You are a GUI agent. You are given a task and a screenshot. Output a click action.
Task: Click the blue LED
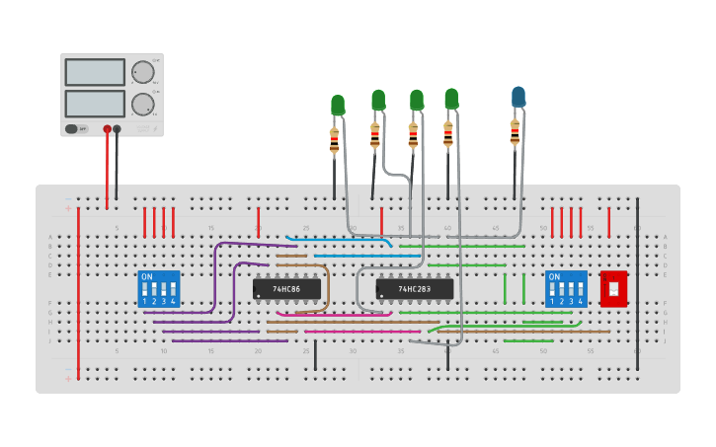click(x=518, y=97)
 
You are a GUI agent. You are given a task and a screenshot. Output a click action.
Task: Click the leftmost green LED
click(x=338, y=105)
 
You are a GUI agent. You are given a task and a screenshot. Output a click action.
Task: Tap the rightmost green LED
click(x=451, y=99)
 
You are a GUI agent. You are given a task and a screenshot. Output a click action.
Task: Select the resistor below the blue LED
click(x=515, y=131)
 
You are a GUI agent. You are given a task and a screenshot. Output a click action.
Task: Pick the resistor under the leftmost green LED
click(x=334, y=141)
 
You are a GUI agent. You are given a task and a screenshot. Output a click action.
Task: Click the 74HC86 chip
click(x=286, y=288)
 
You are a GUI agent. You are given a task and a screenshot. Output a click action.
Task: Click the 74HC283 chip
click(x=415, y=288)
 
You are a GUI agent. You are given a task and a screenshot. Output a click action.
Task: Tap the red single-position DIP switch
click(x=613, y=288)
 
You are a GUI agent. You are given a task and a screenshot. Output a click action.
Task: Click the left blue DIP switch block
click(x=159, y=288)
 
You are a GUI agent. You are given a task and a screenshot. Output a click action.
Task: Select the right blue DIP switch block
click(x=566, y=288)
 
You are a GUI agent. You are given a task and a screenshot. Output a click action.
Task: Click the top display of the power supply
click(x=95, y=72)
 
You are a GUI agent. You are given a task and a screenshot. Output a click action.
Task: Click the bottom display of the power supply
click(x=95, y=103)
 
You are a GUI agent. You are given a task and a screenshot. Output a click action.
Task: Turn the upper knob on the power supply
click(x=143, y=72)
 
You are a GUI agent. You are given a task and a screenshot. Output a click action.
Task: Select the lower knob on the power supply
click(x=143, y=104)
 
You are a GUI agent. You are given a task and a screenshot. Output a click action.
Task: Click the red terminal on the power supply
click(x=108, y=128)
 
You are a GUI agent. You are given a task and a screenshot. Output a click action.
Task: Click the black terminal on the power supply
click(x=118, y=128)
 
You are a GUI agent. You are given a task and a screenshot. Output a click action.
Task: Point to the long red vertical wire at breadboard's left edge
click(x=78, y=296)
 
